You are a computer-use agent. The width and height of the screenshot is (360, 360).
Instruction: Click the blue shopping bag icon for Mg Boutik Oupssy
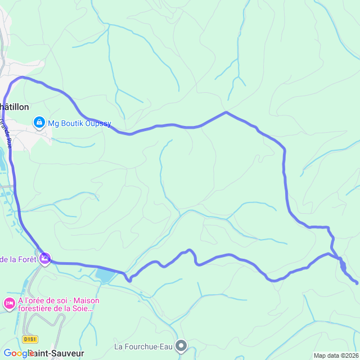coord(39,122)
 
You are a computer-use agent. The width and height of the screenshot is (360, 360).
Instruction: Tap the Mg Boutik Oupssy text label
coord(79,123)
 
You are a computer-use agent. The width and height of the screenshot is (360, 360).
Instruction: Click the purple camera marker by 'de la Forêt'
coord(44,259)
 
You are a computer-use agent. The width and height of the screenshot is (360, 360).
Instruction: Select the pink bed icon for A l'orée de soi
coord(9,304)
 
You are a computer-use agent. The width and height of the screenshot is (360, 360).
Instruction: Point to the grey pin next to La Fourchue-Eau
coord(181,345)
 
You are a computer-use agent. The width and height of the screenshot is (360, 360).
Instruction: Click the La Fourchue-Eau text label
coord(143,346)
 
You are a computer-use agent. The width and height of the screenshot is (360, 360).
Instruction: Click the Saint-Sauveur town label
coord(56,353)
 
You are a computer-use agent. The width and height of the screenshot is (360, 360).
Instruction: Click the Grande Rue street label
coord(7,132)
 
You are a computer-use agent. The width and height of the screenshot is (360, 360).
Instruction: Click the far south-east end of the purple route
coord(357,283)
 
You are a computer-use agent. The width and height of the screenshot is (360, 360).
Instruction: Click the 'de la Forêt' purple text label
coord(18,259)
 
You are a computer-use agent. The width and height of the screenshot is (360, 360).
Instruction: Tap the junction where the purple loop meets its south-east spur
coord(339,259)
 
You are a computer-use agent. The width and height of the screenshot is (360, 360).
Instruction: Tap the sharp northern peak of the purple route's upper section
coord(226,112)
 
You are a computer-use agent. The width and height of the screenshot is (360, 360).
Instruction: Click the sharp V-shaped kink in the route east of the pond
coord(129,278)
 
